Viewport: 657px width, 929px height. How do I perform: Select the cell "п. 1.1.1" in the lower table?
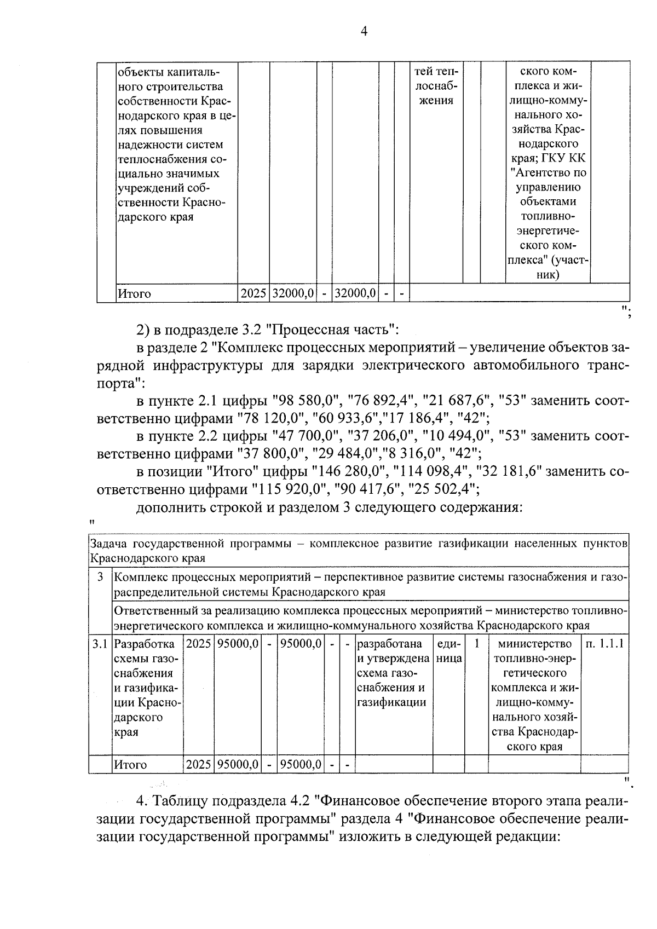pyautogui.click(x=604, y=644)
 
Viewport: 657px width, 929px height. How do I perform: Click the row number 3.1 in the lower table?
pyautogui.click(x=100, y=644)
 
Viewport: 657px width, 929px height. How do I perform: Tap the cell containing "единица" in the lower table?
pyautogui.click(x=448, y=651)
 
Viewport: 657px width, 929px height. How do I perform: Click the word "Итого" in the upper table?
pyautogui.click(x=134, y=294)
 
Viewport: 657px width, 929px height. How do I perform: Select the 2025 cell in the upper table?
pyautogui.click(x=253, y=294)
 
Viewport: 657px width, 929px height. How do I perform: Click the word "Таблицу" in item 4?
pyautogui.click(x=178, y=801)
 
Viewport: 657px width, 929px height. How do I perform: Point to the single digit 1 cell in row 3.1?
pyautogui.click(x=476, y=644)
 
